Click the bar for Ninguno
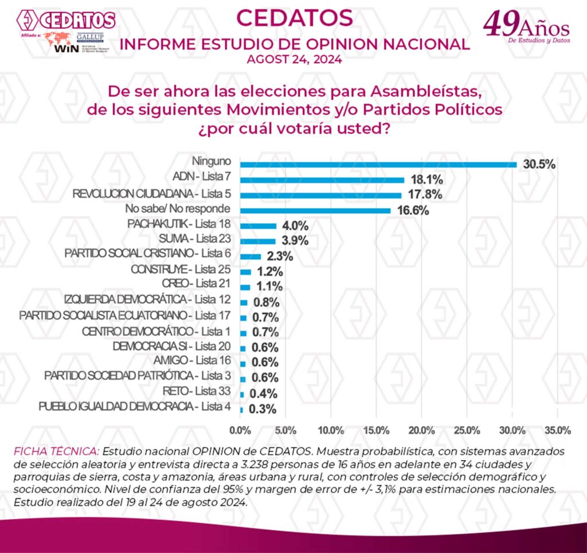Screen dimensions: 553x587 click(378, 165)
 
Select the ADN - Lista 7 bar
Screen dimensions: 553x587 click(322, 180)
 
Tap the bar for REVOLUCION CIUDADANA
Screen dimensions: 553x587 click(320, 195)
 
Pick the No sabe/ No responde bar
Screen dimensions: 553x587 click(315, 211)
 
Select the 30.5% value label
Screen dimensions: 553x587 click(539, 165)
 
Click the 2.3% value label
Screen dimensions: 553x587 click(280, 256)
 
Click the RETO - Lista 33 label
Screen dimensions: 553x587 click(195, 391)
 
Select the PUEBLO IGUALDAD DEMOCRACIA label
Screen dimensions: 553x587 click(135, 407)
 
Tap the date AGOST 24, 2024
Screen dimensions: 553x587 click(294, 59)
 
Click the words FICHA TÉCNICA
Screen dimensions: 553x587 click(57, 451)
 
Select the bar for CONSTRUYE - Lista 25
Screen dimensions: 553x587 click(246, 271)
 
